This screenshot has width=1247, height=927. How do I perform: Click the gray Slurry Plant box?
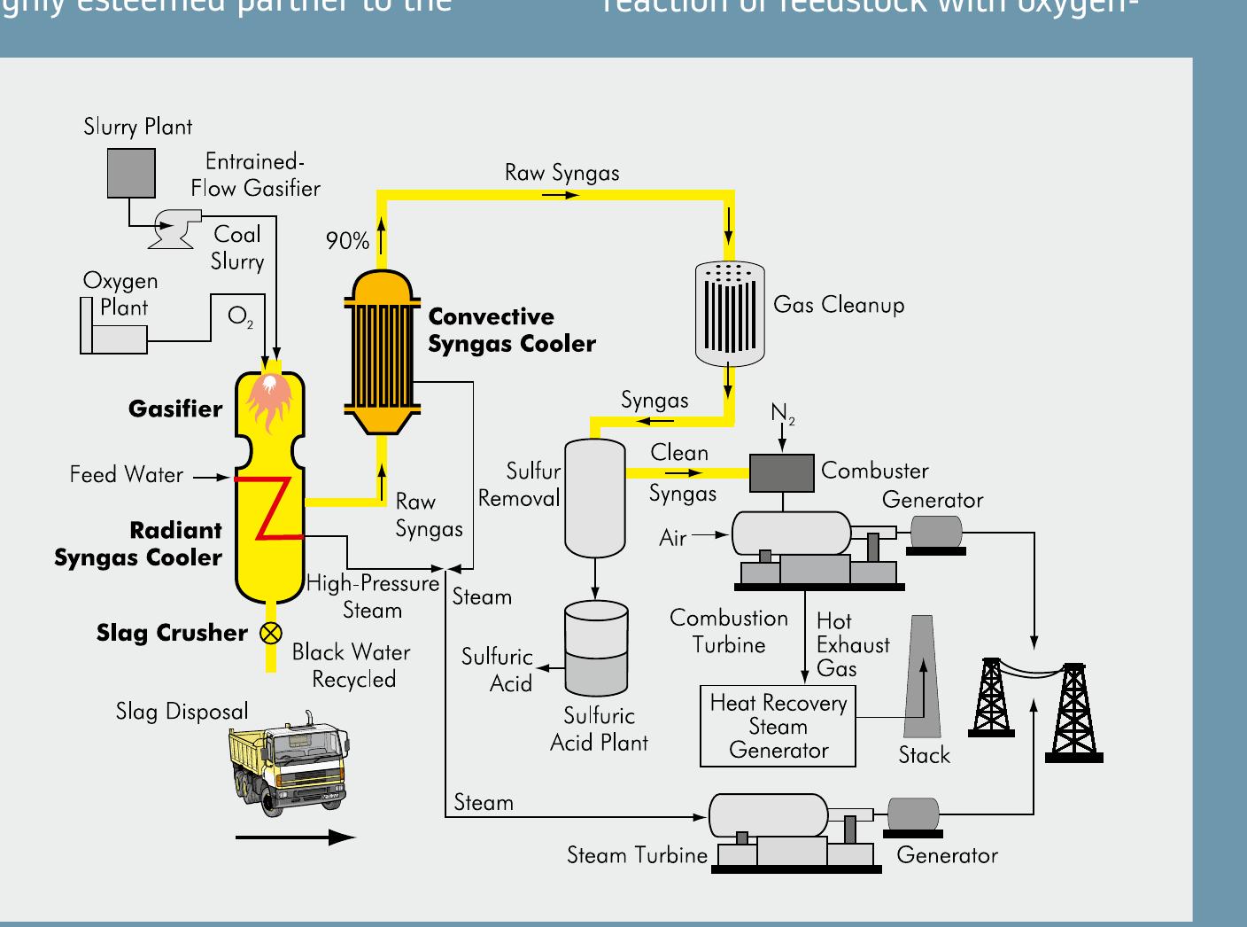pos(131,173)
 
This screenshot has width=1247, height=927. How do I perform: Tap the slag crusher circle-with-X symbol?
pos(270,632)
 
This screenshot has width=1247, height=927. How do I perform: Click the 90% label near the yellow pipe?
pos(347,241)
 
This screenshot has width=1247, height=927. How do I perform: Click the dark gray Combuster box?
pos(781,472)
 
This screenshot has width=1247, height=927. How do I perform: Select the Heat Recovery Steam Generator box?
pos(778,727)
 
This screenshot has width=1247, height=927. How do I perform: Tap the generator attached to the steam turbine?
pos(912,815)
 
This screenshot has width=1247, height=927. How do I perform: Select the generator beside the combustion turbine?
pos(935,532)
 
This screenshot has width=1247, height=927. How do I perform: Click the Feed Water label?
pos(127,475)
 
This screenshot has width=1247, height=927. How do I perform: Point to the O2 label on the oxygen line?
pos(240,316)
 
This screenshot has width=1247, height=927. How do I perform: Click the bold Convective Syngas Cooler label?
pos(511,331)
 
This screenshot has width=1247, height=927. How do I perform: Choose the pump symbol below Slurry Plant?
pos(174,229)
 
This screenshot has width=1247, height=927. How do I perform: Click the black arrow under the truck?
pos(295,837)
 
